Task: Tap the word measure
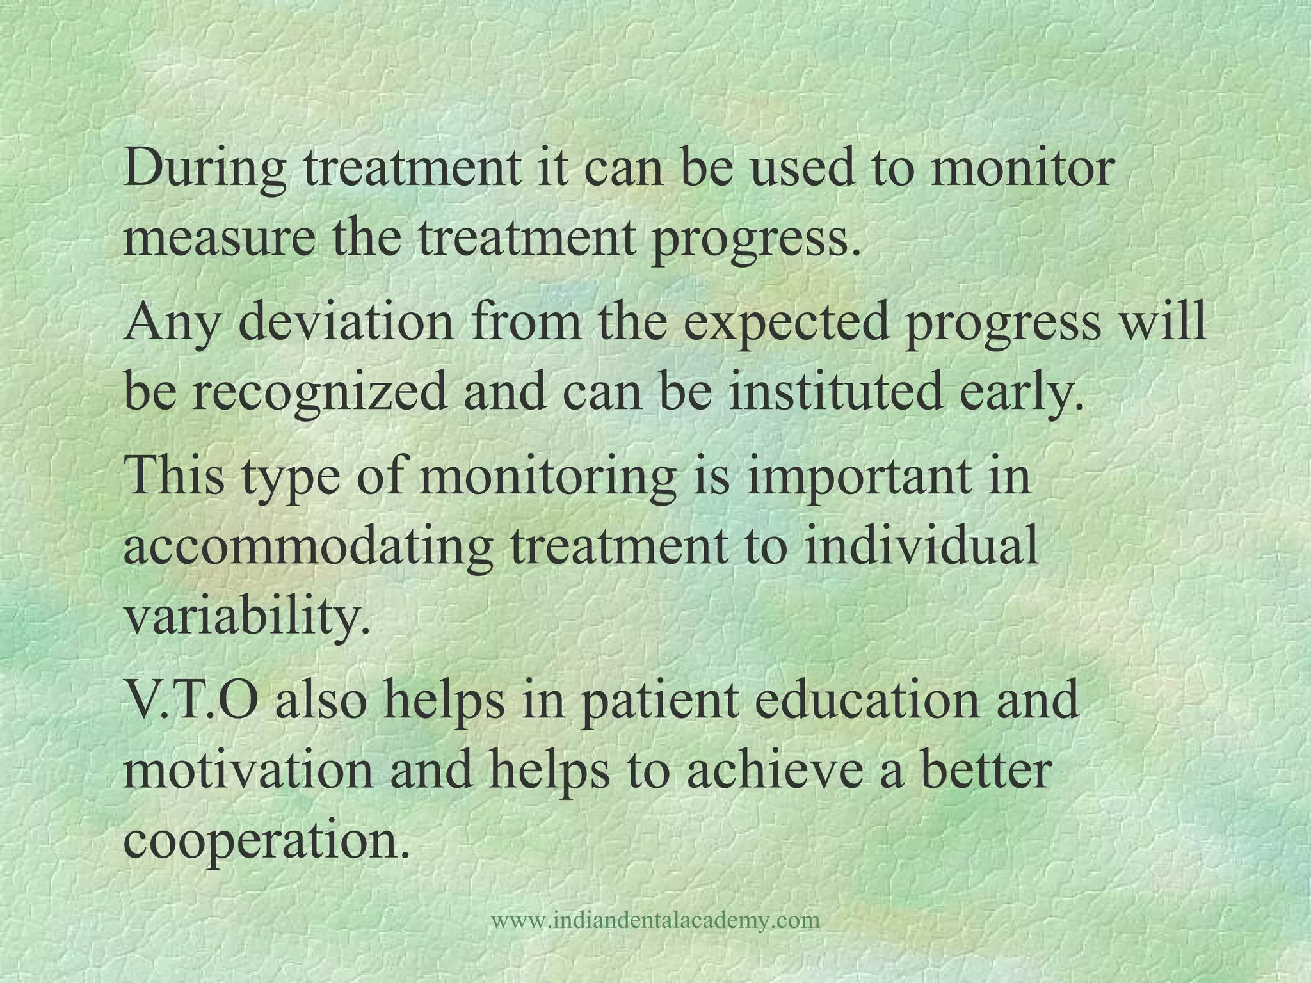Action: click(219, 239)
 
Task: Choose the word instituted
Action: click(835, 392)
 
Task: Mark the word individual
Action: click(921, 547)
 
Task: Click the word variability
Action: click(247, 617)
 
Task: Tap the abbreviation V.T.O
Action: click(191, 700)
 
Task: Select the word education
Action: click(867, 700)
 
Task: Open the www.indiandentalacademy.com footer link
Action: click(655, 920)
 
